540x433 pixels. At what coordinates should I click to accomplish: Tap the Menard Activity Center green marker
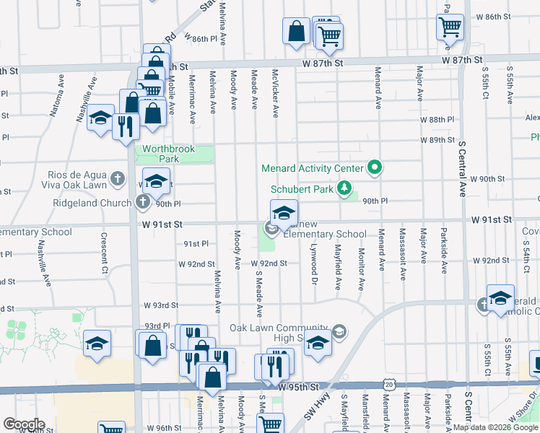(374, 169)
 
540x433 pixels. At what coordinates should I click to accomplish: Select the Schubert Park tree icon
(345, 189)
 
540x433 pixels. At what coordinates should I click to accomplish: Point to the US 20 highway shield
(391, 385)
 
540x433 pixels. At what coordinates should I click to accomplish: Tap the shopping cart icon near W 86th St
(450, 27)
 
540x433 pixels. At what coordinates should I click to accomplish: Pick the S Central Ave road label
(462, 170)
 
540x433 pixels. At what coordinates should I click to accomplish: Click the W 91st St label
(492, 219)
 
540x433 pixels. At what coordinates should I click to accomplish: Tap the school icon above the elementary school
(284, 213)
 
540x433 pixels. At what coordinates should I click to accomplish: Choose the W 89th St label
(438, 140)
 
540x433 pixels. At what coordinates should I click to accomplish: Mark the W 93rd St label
(160, 305)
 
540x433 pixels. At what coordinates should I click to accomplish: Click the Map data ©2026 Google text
(495, 427)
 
